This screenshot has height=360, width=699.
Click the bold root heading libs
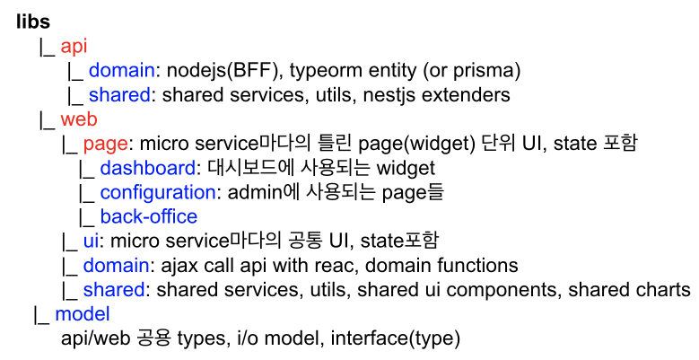[x=32, y=22]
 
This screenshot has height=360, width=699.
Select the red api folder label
[x=74, y=46]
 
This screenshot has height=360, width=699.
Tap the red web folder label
[x=79, y=119]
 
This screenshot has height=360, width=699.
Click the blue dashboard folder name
[x=147, y=168]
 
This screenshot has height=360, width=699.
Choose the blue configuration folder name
[x=157, y=192]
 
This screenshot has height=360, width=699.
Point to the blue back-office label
[x=148, y=216]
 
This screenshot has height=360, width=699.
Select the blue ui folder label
[x=90, y=241]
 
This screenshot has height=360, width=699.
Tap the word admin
[x=252, y=192]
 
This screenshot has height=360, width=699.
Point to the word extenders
[x=478, y=94]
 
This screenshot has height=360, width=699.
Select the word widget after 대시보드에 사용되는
[x=406, y=168]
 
